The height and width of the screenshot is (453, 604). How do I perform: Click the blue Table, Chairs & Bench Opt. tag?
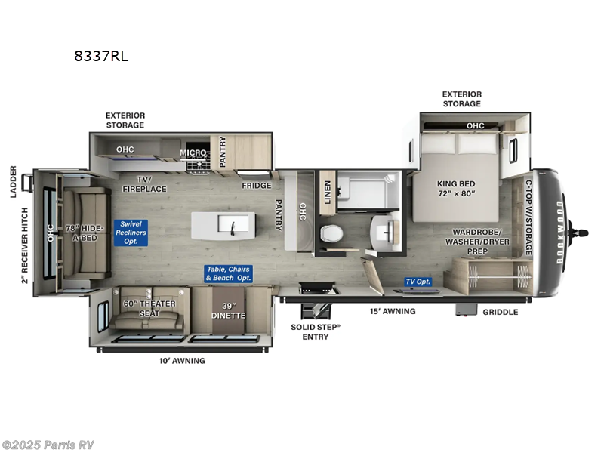[x=228, y=274]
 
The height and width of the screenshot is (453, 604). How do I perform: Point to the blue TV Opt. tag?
[x=418, y=282]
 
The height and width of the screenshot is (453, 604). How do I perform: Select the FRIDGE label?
[x=257, y=185]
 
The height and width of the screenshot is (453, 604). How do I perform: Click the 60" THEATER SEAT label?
[x=149, y=309]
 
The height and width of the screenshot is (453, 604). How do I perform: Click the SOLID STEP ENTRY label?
[x=316, y=332]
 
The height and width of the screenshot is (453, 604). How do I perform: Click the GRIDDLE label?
[x=500, y=312]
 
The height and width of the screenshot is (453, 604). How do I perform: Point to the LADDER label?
[x=14, y=181]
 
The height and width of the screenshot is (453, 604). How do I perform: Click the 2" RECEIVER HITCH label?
[x=25, y=245]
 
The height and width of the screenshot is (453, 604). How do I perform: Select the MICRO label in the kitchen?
[x=193, y=153]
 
